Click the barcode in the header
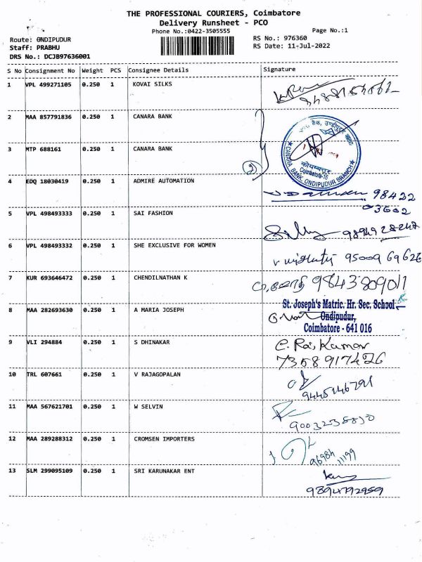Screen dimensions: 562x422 [203, 46]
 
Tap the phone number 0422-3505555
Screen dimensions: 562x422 [205, 32]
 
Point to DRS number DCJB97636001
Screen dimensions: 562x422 [67, 55]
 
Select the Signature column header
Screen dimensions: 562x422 [279, 70]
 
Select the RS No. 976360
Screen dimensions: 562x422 [293, 38]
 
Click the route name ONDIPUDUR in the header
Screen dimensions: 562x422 [53, 39]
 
